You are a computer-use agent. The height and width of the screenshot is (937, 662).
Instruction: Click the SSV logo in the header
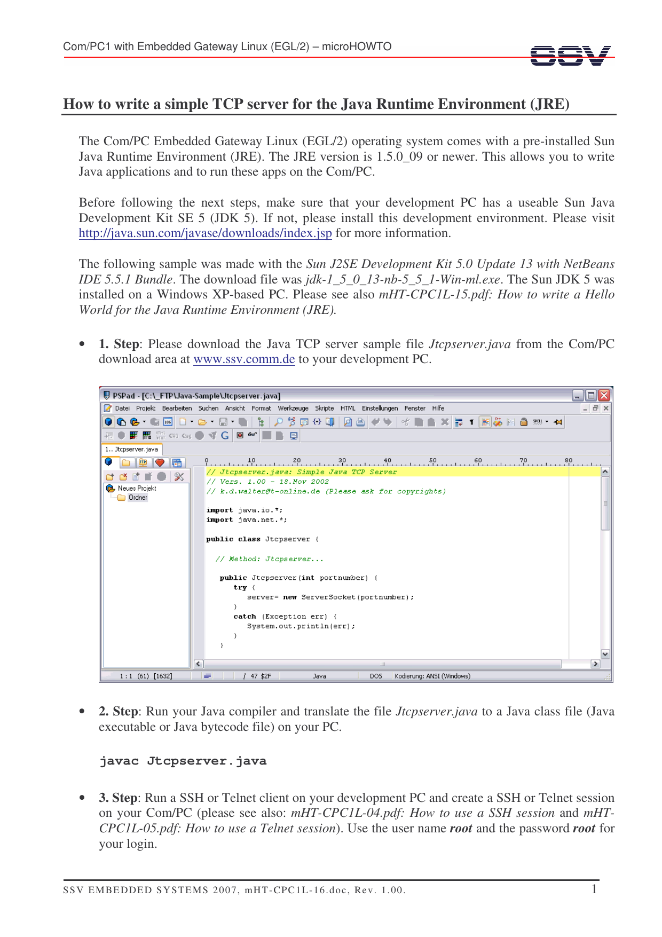(570, 56)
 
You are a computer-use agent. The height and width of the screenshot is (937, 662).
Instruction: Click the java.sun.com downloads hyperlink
(205, 233)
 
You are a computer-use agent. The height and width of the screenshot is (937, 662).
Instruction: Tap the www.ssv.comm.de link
(244, 359)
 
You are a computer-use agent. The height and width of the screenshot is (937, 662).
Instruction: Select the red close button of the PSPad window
(604, 396)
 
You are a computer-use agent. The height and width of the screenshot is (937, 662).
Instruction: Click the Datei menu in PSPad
(122, 408)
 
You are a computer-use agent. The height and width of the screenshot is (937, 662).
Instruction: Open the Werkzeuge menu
(293, 408)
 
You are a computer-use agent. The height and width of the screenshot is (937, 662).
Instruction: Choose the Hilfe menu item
(438, 408)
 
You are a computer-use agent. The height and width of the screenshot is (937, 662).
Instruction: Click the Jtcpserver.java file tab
(132, 450)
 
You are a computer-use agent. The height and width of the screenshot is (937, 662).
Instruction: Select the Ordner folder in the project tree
(138, 498)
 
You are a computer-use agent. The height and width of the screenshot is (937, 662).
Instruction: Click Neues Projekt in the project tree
(137, 489)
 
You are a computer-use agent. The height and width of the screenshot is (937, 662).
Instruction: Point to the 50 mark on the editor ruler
(433, 461)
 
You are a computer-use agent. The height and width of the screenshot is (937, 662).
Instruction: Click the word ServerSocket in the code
(328, 597)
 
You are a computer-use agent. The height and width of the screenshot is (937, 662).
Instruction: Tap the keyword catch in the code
(245, 617)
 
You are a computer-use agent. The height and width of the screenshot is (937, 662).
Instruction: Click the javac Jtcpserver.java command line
(183, 761)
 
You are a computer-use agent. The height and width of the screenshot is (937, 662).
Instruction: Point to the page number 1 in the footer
(594, 889)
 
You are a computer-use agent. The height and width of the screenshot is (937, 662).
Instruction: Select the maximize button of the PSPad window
(591, 396)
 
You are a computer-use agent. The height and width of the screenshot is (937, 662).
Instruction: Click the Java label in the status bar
(319, 676)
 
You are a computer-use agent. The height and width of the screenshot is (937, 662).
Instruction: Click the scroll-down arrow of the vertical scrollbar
(605, 654)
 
